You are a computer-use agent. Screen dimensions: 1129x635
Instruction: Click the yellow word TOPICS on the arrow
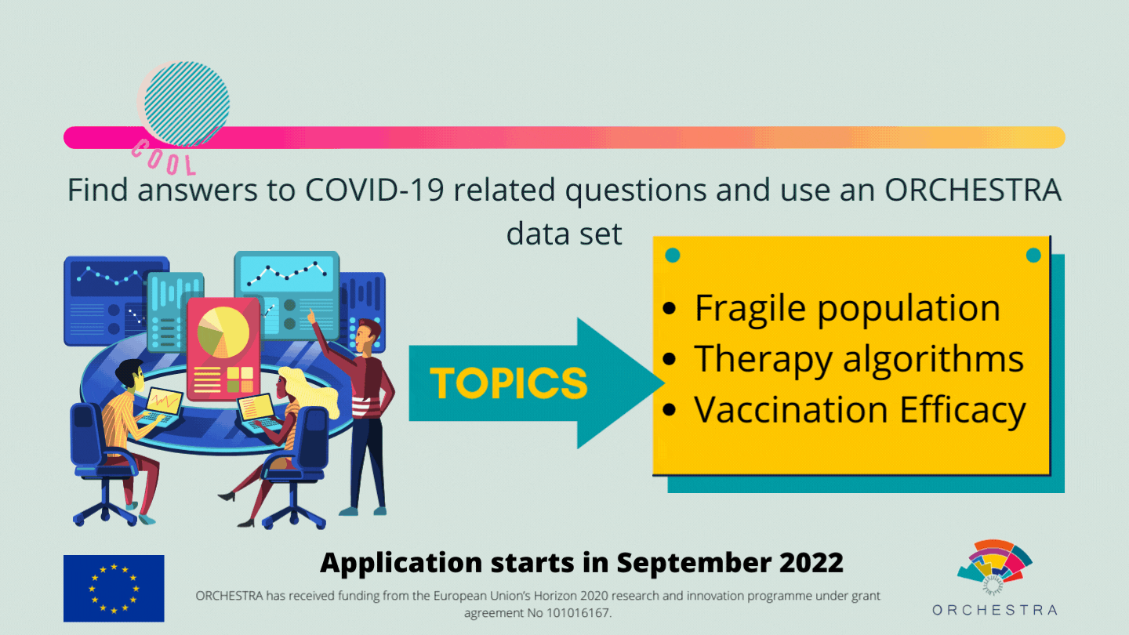(509, 383)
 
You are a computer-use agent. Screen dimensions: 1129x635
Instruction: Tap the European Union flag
(114, 588)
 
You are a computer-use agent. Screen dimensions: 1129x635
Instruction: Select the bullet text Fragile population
(848, 308)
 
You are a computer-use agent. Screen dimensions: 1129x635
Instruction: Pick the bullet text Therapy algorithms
(859, 359)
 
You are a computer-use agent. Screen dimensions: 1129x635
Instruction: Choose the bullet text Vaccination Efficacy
(860, 410)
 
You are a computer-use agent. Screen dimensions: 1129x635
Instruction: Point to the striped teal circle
(187, 103)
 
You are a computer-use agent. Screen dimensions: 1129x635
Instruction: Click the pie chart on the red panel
(223, 332)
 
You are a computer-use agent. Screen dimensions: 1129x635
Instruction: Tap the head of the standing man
(368, 335)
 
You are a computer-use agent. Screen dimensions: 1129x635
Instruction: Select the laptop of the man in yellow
(162, 407)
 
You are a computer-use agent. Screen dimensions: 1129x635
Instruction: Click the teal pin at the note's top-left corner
(673, 256)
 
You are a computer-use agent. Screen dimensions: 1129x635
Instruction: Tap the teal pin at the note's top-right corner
(1033, 256)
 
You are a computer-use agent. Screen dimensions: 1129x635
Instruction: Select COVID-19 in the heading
(375, 190)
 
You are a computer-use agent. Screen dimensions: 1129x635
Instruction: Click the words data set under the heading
(564, 234)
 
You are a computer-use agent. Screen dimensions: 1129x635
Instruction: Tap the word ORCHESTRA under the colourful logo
(994, 610)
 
